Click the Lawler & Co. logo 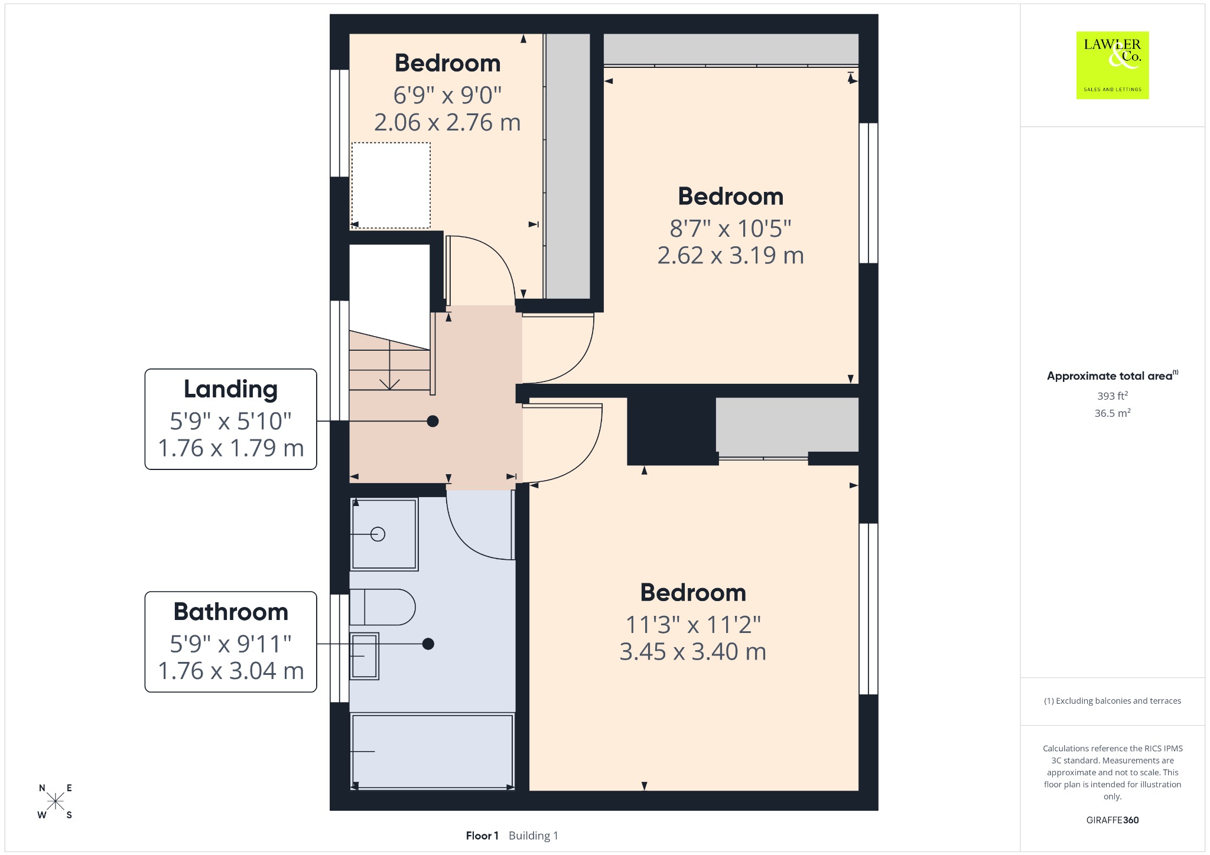click(x=1112, y=65)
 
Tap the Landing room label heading click(x=230, y=389)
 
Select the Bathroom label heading click(x=230, y=612)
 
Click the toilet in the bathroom click(x=382, y=607)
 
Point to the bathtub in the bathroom click(x=432, y=751)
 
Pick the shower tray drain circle click(x=378, y=534)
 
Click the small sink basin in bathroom click(x=364, y=656)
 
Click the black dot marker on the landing click(x=433, y=421)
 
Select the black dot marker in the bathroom click(x=428, y=644)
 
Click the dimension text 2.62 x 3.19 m click(x=731, y=256)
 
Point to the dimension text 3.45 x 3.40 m click(x=693, y=652)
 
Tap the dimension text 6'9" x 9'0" click(x=447, y=95)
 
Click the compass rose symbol click(x=56, y=801)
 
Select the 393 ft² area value click(x=1113, y=396)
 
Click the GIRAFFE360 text click(x=1113, y=820)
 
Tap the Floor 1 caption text click(x=482, y=836)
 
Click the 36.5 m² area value click(x=1113, y=413)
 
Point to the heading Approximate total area click(x=1110, y=376)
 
